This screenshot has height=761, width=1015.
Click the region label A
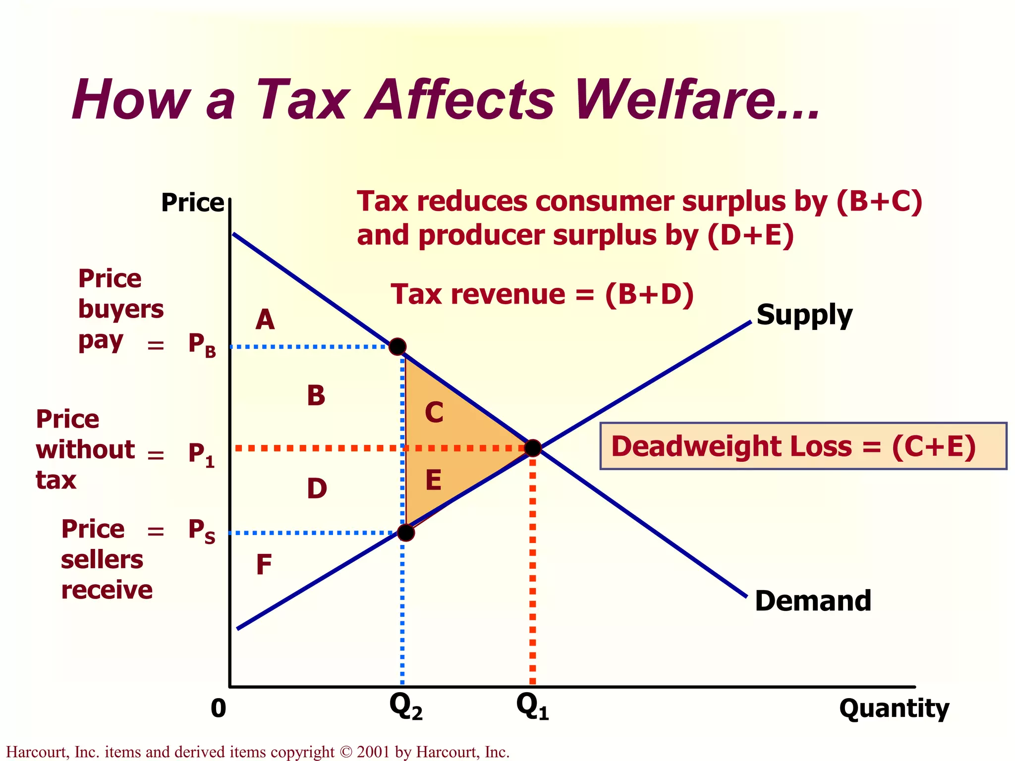click(x=265, y=320)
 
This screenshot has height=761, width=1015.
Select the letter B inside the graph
click(x=316, y=396)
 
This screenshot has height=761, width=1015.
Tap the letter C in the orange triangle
click(x=434, y=412)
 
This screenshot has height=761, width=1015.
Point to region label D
click(x=317, y=489)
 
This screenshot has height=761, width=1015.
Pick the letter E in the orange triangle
click(x=433, y=480)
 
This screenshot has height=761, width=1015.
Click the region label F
click(x=264, y=564)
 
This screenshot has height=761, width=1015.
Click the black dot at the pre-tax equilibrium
click(x=533, y=448)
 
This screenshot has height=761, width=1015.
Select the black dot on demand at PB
click(x=397, y=346)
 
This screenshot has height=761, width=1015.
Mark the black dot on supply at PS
click(x=406, y=533)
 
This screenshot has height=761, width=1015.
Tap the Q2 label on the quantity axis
click(x=405, y=707)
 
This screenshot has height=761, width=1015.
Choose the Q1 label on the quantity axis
click(x=532, y=707)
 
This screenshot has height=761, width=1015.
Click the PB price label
click(x=202, y=344)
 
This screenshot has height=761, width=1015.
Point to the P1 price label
click(x=201, y=454)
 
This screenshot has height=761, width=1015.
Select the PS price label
click(x=201, y=531)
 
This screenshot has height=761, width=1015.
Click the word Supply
click(x=804, y=315)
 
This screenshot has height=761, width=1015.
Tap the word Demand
click(x=813, y=600)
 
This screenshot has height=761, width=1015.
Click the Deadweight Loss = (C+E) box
click(x=803, y=446)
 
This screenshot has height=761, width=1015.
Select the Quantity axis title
click(x=894, y=708)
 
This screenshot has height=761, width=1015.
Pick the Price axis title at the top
click(x=192, y=203)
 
